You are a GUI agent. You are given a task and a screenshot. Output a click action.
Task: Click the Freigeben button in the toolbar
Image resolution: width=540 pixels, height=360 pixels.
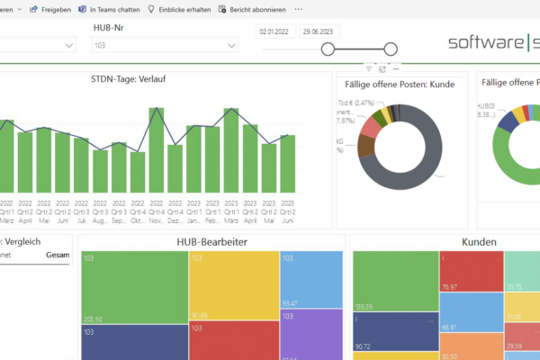click(x=49, y=9)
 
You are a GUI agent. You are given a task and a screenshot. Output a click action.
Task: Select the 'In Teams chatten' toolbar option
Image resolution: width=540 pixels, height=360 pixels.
click(x=109, y=9)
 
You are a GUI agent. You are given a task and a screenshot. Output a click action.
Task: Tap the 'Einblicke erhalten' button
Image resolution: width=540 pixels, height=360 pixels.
click(x=181, y=9)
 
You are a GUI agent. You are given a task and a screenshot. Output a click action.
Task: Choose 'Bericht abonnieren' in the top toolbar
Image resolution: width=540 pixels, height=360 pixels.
click(x=253, y=9)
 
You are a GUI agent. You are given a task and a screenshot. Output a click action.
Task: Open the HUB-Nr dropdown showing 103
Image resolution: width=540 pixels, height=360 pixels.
click(x=170, y=45)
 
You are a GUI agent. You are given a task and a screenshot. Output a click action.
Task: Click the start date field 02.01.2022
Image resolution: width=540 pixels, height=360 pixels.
click(x=274, y=31)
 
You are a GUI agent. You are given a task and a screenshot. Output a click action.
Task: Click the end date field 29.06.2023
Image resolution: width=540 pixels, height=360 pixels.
click(x=319, y=31)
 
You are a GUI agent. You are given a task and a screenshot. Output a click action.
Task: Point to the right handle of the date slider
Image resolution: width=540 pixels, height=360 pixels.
click(x=391, y=49)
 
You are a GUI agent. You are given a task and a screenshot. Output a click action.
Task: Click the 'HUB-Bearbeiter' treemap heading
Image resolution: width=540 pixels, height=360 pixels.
click(x=211, y=243)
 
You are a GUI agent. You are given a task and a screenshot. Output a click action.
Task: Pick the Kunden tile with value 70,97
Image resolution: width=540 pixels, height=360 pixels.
click(x=471, y=270)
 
